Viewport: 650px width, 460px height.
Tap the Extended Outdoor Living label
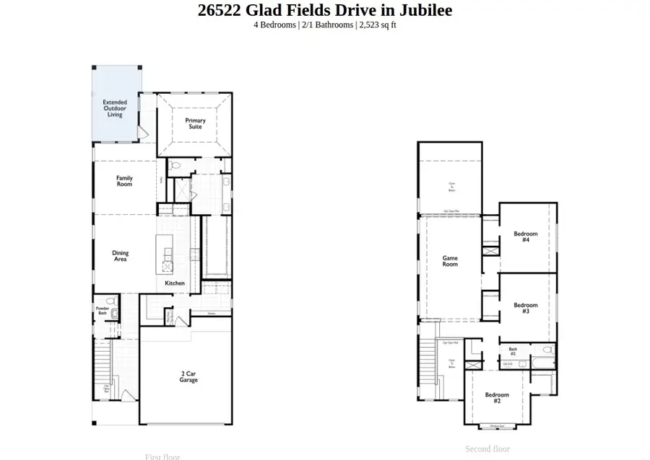pos(115,109)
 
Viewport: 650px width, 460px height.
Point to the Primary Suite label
pos(195,123)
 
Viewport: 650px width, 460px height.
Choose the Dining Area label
pos(120,255)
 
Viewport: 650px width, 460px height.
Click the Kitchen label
pos(175,283)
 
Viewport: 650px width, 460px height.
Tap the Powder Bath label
pos(102,311)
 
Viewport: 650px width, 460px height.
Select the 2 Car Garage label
pos(188,376)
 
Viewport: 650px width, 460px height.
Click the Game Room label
pos(450,260)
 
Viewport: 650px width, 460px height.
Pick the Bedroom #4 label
pos(526,236)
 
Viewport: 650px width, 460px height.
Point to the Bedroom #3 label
pos(526,308)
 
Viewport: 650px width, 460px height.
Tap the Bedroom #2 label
pos(497,397)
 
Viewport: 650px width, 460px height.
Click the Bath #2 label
pos(513,352)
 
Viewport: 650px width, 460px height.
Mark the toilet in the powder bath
pos(111,301)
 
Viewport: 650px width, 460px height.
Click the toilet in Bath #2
pos(547,350)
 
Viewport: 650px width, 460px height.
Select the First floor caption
pos(162,456)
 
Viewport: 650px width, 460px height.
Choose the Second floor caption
pos(487,448)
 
